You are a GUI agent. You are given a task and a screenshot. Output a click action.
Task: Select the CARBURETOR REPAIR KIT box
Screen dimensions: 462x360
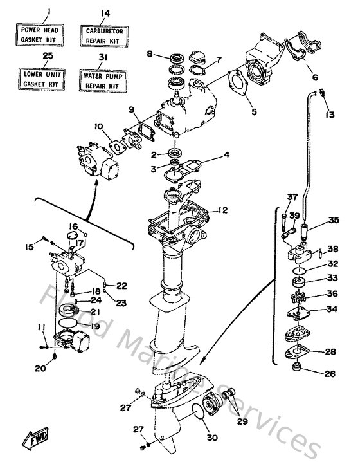pyautogui.click(x=105, y=34)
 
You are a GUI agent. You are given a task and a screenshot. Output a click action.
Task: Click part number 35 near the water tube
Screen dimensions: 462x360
pyautogui.click(x=332, y=220)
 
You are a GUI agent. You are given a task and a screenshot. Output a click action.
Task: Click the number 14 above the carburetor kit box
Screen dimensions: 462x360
pyautogui.click(x=105, y=12)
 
